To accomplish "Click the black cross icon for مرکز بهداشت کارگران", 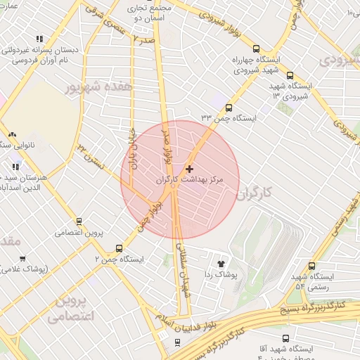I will pos(189,169).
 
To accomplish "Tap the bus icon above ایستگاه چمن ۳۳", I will pos(229,108).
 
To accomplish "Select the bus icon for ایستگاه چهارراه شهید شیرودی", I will pos(255,49).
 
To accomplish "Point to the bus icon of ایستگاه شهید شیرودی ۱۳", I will pos(290,75).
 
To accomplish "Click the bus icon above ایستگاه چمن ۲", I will pos(118,248).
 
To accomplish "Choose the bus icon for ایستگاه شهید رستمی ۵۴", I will pos(311,266).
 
